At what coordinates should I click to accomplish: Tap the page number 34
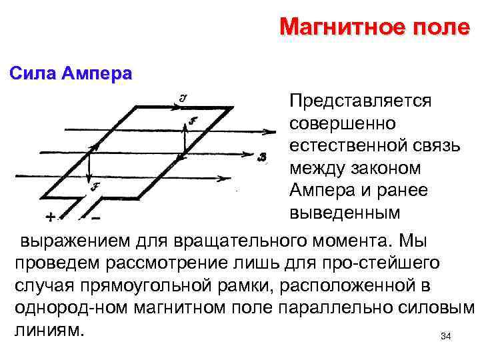446,337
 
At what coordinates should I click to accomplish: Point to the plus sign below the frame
51,217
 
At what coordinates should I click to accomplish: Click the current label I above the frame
183,97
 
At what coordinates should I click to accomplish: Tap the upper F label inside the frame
193,121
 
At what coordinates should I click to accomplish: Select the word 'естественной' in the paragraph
348,146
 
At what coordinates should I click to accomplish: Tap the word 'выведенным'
345,213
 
